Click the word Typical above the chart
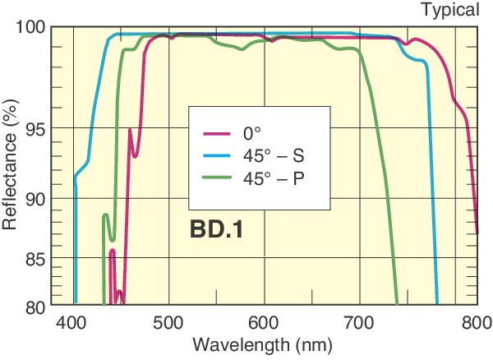coord(449,10)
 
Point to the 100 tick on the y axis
coord(32,27)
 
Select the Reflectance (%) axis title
coord(11,169)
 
